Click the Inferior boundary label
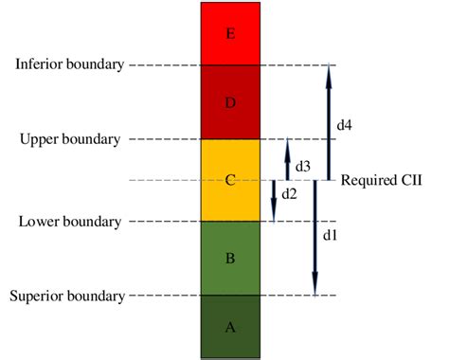point(69,64)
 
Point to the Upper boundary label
point(69,139)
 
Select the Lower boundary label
point(69,222)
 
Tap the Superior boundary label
point(66,297)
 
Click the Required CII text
point(380,180)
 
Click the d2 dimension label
point(290,194)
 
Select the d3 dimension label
point(302,166)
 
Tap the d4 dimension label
point(344,123)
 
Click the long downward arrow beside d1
point(314,237)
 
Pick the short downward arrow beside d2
point(273,200)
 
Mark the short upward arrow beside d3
point(287,160)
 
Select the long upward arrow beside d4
point(329,121)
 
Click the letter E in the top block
point(230,34)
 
